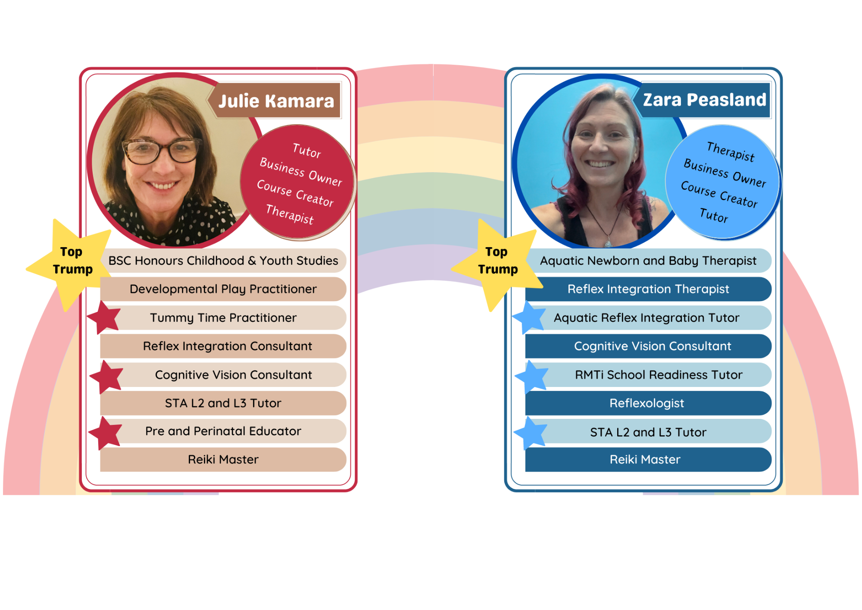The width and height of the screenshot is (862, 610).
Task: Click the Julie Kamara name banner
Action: click(x=276, y=101)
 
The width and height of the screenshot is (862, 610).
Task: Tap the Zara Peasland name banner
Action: click(x=704, y=100)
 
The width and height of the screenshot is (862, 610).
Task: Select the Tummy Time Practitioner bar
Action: click(x=223, y=318)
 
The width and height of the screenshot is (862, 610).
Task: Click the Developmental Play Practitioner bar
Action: click(x=223, y=289)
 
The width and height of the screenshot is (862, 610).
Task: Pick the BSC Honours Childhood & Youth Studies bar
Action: click(x=223, y=261)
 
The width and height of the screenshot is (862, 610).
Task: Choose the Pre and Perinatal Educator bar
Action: click(x=223, y=431)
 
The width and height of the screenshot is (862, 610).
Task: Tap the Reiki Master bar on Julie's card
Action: click(x=223, y=459)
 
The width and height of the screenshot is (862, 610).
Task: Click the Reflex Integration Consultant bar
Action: click(x=228, y=346)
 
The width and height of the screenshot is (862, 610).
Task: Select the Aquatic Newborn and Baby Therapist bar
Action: click(x=648, y=261)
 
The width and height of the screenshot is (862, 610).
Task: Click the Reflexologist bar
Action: click(x=646, y=403)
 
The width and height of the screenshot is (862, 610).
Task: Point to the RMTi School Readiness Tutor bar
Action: click(x=659, y=375)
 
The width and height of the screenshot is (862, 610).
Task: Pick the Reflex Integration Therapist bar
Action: click(x=648, y=289)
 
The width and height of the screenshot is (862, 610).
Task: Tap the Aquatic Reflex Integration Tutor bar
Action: click(x=646, y=318)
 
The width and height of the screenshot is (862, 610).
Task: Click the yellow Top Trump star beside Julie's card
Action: click(x=72, y=261)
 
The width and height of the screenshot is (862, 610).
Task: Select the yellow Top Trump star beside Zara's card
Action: click(x=497, y=261)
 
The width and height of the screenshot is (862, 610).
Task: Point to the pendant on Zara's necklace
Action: click(x=608, y=243)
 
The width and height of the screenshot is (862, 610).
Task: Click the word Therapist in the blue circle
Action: click(x=731, y=152)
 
